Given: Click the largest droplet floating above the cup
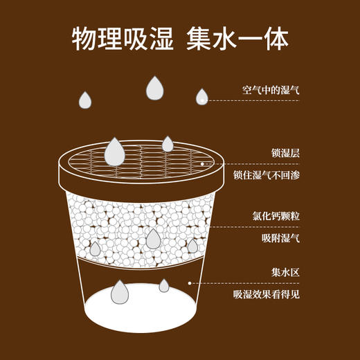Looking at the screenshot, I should tap(154, 87).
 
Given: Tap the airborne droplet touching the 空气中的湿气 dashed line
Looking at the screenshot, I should tap(201, 97).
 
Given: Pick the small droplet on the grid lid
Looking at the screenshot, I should tap(168, 144).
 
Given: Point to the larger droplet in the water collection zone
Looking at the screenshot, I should tap(120, 293).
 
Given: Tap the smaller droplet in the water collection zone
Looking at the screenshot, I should tap(164, 285).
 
